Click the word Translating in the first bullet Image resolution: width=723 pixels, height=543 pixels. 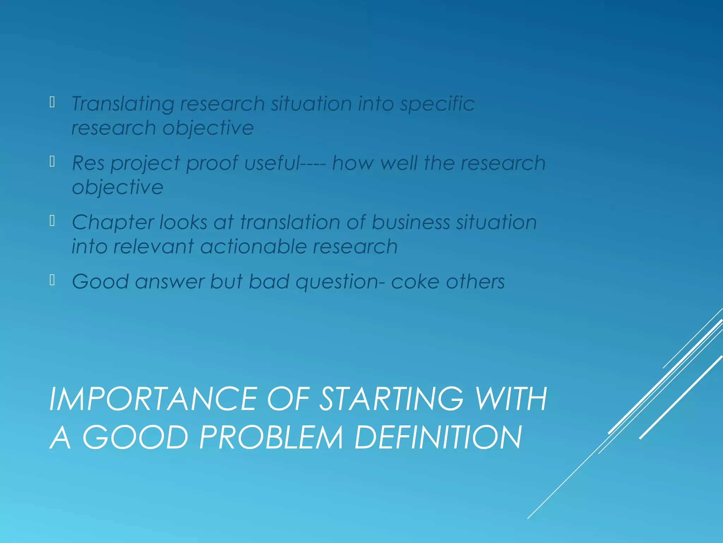click(x=123, y=104)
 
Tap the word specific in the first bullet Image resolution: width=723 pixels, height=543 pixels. click(x=437, y=104)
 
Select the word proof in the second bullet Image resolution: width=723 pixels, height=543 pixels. click(x=212, y=163)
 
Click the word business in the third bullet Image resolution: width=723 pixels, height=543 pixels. click(x=411, y=222)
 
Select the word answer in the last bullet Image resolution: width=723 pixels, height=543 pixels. click(x=169, y=282)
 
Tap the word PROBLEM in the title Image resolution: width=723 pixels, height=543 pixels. click(x=271, y=437)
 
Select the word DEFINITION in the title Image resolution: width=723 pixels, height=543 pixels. click(x=438, y=437)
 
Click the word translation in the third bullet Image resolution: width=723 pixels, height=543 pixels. click(x=290, y=222)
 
